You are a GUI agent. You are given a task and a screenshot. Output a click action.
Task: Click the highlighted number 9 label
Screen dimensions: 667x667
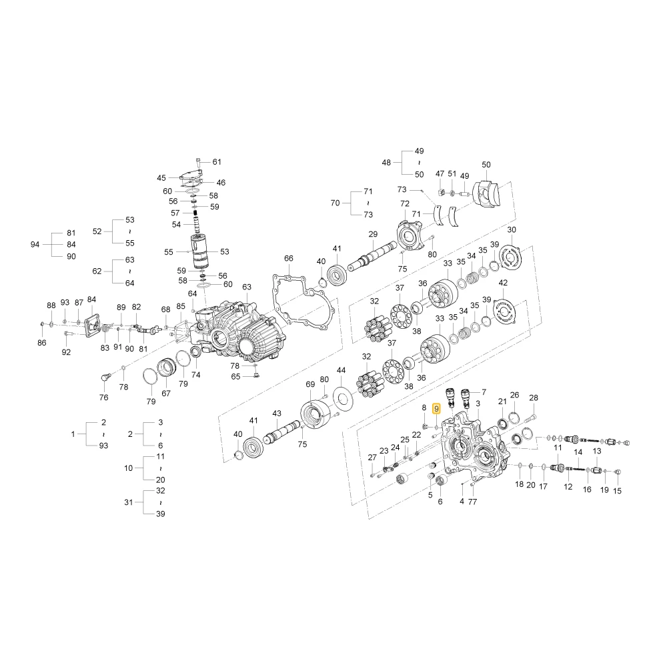[x=436, y=409]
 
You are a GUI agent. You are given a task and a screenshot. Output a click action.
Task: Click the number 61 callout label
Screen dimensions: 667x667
[x=217, y=161]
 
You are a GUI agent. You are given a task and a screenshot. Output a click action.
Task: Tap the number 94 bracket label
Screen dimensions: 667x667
[x=35, y=245]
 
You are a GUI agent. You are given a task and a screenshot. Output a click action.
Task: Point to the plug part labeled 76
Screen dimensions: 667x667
[x=105, y=378]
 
